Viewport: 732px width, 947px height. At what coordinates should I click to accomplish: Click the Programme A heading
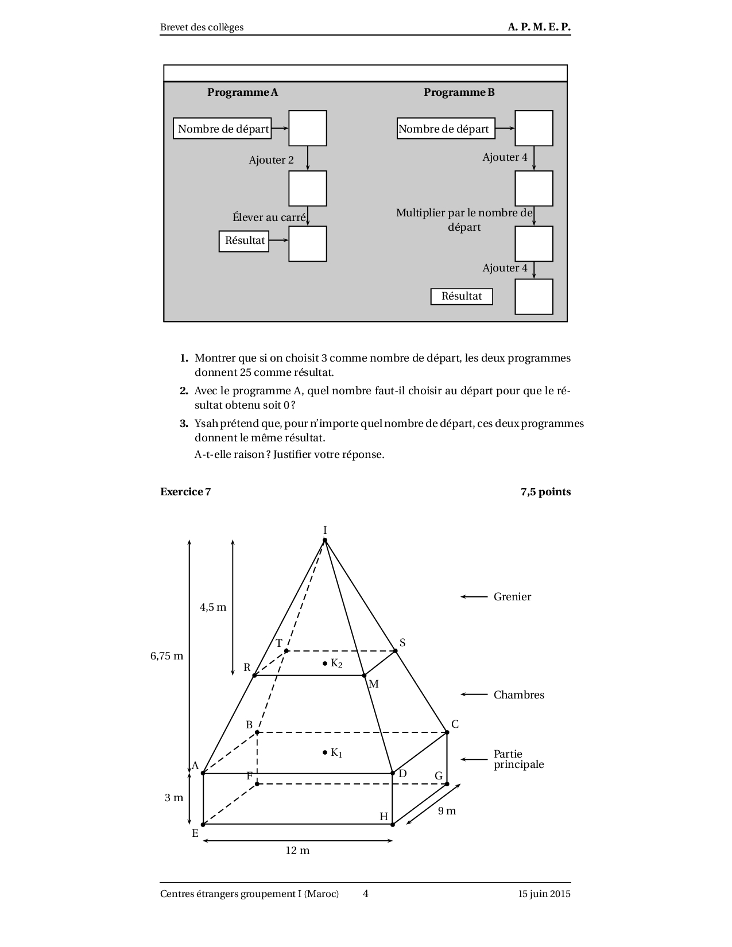tap(242, 92)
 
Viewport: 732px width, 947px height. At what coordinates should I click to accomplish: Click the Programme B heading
tap(459, 92)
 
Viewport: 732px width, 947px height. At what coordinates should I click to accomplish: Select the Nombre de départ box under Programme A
tap(222, 129)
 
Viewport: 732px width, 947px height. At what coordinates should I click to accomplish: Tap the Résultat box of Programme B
tap(462, 296)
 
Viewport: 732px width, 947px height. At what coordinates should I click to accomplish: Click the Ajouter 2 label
tap(271, 160)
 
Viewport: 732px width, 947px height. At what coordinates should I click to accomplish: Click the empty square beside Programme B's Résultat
tap(533, 297)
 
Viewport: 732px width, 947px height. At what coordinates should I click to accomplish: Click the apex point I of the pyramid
tap(325, 540)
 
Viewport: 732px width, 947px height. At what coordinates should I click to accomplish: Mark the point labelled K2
tap(325, 663)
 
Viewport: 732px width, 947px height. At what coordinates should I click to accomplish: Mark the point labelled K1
tap(325, 752)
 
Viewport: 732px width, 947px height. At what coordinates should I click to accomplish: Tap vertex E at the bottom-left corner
tap(203, 824)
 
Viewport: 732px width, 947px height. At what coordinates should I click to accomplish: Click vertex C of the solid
tap(447, 732)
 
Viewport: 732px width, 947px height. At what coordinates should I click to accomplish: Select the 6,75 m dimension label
tap(167, 656)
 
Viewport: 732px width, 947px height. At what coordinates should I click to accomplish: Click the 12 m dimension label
tap(297, 851)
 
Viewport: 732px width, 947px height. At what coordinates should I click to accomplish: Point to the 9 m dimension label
tap(447, 811)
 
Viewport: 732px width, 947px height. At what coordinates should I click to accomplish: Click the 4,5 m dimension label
tap(213, 607)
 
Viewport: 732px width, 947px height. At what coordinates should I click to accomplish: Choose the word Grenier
tap(512, 597)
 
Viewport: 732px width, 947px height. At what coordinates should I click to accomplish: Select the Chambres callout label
tap(518, 695)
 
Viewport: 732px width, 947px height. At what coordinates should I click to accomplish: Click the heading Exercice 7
tap(185, 492)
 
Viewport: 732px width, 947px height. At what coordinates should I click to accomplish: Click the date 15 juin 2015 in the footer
tap(544, 894)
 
